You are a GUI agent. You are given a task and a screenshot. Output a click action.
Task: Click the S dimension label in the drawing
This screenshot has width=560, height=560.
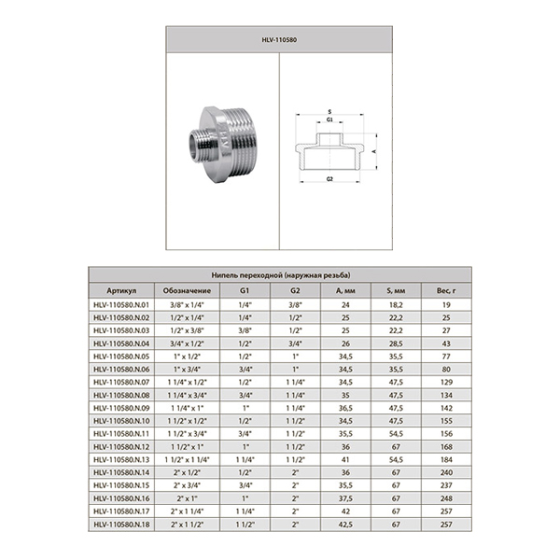point(329,113)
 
